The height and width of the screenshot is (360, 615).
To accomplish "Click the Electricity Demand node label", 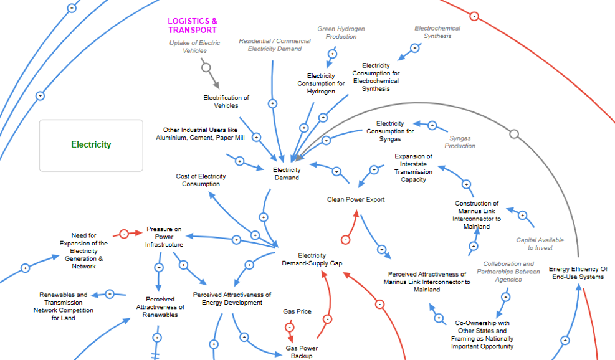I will click(x=287, y=174).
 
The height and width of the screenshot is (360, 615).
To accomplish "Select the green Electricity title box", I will click(x=91, y=145).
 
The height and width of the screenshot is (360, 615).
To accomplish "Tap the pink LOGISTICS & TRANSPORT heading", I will click(x=193, y=26).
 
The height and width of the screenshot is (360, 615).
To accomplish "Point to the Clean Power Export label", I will click(x=356, y=199).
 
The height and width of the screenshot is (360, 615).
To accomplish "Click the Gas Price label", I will click(x=297, y=311).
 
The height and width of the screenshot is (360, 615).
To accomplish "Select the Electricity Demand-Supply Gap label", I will click(x=312, y=260).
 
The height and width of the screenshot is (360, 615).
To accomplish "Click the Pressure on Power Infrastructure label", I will click(x=164, y=237).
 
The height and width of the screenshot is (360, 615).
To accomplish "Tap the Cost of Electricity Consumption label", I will click(x=201, y=180).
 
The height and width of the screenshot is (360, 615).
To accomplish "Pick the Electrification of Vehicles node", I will click(x=226, y=102).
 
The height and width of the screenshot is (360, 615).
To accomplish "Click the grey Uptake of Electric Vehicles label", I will click(x=195, y=47).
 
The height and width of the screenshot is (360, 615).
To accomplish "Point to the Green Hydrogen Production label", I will click(x=341, y=32).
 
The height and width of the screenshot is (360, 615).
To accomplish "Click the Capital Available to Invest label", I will click(x=540, y=244).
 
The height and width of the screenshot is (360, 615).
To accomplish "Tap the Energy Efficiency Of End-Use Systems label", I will click(x=578, y=273).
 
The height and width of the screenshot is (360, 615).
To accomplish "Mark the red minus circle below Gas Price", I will click(x=289, y=327).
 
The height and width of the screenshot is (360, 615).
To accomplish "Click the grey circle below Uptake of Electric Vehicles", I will click(x=206, y=67).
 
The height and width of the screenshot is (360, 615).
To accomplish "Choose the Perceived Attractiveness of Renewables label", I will click(x=161, y=306).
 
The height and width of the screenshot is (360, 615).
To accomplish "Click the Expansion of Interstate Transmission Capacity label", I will click(x=413, y=168).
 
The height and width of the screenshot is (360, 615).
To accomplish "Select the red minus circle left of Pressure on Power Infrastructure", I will click(x=123, y=234).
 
